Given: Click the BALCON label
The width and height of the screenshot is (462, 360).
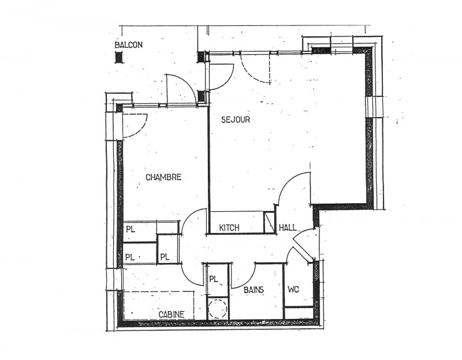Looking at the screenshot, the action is tap(128, 45).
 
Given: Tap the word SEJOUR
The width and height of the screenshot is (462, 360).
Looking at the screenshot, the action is tap(236, 119).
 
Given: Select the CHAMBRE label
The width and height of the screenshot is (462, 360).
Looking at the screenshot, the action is tap(163, 177).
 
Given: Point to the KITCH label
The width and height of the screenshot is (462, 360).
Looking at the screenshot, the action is tap(229, 227).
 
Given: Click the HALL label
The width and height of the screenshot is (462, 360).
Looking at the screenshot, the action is tap(288, 227).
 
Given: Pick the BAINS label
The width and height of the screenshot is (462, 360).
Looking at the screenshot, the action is tap(254, 290).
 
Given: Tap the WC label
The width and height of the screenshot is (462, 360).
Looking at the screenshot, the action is tap(293, 290).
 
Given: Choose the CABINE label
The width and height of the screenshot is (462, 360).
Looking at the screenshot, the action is tap(172, 314).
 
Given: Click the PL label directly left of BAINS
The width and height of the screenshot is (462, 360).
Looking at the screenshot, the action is tap(214, 279).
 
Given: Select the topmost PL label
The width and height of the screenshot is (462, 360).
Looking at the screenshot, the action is tap(131, 229).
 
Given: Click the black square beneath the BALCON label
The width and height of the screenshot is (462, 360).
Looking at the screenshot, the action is tap(119, 57).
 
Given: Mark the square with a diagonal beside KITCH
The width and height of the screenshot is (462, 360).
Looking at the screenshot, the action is tap(269, 222).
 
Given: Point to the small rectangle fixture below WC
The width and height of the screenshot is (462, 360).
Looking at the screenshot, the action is tap(299, 312).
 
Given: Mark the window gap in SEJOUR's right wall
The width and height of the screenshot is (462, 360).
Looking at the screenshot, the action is tap(370, 107).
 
